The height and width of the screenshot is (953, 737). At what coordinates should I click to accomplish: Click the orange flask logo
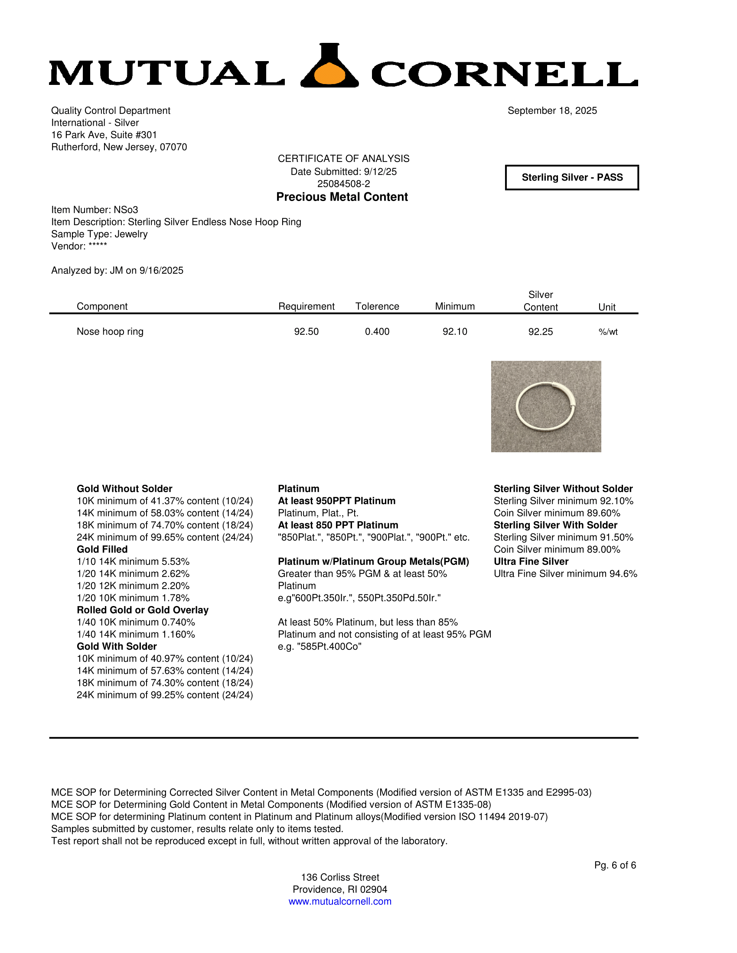[330, 68]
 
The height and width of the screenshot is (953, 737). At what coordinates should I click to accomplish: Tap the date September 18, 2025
[552, 111]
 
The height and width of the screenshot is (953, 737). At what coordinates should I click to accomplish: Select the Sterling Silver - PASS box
[572, 178]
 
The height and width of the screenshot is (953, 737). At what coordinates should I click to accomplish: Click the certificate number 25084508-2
[344, 184]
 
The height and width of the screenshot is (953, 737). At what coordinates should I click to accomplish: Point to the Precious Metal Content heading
[342, 197]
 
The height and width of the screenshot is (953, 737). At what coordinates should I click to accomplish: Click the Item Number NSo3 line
[95, 210]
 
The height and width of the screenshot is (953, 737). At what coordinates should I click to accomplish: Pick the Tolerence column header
[377, 306]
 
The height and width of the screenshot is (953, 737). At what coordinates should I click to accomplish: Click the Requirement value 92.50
[306, 332]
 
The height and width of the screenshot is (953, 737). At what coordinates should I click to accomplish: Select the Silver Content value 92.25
[541, 332]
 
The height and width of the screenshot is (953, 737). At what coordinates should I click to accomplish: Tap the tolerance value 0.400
[377, 332]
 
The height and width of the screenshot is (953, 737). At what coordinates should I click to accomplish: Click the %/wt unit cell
[608, 332]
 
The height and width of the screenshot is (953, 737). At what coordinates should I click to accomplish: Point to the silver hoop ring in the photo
[545, 406]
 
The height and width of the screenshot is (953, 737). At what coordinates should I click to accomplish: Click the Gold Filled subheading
[102, 549]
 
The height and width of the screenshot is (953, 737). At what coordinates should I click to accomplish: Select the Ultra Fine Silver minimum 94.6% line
[565, 574]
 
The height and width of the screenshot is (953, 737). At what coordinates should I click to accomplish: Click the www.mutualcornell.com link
[340, 901]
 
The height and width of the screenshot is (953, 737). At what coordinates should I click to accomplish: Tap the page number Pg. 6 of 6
[615, 865]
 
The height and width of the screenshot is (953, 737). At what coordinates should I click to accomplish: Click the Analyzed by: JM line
[117, 271]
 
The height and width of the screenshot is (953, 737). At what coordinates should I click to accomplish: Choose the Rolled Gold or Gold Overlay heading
[143, 610]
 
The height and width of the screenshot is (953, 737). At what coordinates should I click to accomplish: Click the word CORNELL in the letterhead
[504, 74]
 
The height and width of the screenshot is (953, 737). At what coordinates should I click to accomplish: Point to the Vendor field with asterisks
[79, 246]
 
